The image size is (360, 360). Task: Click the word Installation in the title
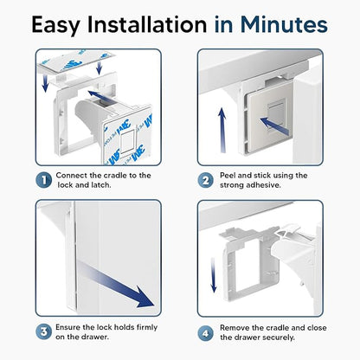[147, 24]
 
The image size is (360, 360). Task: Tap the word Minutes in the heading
[284, 24]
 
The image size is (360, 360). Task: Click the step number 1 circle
[44, 180]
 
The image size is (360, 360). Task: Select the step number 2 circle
[206, 180]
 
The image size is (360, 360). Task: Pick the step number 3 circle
[44, 332]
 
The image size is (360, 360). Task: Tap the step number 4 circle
[206, 333]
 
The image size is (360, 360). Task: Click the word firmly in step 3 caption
[147, 327]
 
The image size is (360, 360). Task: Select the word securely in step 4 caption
[279, 337]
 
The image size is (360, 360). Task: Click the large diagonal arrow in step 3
[114, 283]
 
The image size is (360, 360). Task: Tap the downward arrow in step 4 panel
[214, 274]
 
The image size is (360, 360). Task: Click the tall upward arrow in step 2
[222, 130]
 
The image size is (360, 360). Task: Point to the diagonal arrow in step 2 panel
[274, 126]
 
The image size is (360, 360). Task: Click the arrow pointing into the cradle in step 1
[100, 96]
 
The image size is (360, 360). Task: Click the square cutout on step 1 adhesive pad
[127, 141]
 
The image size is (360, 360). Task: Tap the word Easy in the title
[55, 25]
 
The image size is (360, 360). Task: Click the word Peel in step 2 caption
[228, 176]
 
